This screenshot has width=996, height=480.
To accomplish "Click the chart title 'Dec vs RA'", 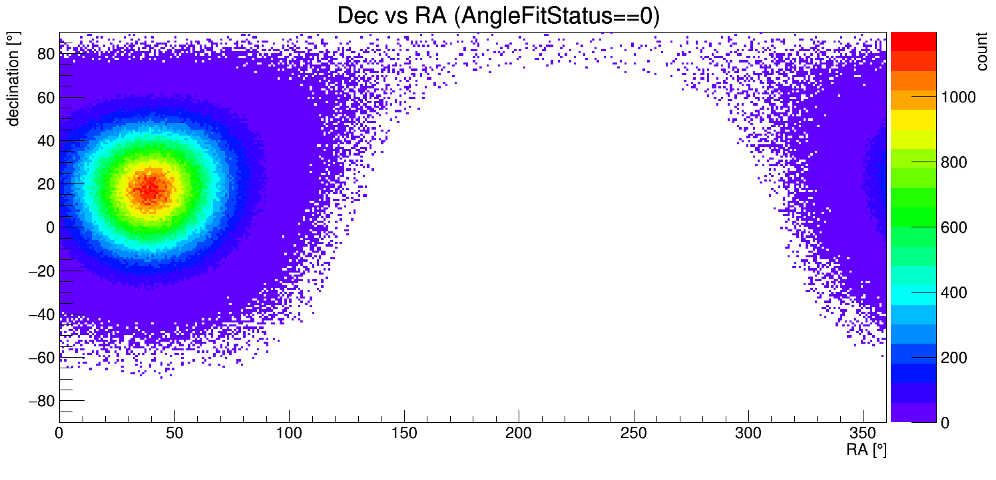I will coord(394,16).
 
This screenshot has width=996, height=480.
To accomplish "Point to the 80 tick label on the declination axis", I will coord(45,54).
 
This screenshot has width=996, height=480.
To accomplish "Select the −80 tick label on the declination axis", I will coord(41,401).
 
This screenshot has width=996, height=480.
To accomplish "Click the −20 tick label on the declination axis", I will coord(41,271).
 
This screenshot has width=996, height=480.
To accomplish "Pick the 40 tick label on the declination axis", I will coord(45,140).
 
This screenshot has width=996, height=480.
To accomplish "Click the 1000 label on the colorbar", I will coord(957,98).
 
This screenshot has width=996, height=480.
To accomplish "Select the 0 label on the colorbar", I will coord(945,423).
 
